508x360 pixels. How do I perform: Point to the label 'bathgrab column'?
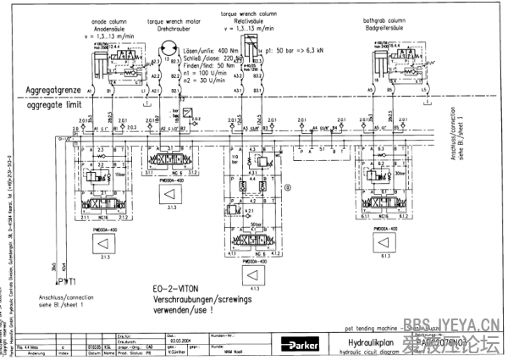399,20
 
